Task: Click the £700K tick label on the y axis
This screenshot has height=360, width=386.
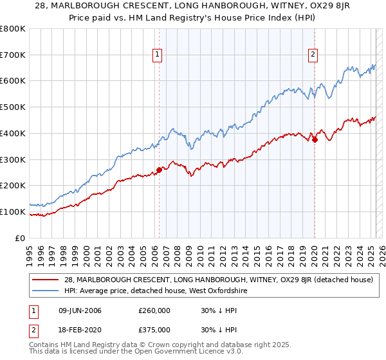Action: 13,55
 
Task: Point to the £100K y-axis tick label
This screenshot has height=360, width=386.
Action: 13,212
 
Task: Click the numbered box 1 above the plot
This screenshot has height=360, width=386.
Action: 158,55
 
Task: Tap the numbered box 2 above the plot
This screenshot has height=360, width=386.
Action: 313,55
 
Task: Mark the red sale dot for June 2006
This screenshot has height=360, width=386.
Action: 159,170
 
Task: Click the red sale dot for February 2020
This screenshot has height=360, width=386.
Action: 315,140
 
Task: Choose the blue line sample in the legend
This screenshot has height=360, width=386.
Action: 46,291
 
